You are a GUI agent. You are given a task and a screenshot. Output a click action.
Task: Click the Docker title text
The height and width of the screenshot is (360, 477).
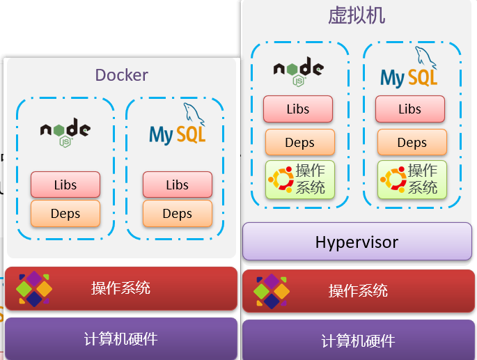(x=122, y=75)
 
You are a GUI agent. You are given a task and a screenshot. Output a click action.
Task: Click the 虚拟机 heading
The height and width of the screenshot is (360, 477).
(x=357, y=15)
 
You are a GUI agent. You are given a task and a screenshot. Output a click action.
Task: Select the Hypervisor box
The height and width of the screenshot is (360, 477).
(x=357, y=242)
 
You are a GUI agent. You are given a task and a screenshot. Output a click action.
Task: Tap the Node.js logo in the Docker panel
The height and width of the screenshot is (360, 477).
(x=65, y=132)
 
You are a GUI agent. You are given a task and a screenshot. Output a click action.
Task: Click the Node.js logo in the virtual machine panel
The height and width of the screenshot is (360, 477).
(x=299, y=72)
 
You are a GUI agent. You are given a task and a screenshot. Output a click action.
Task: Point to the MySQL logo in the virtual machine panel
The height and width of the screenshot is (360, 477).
(x=409, y=67)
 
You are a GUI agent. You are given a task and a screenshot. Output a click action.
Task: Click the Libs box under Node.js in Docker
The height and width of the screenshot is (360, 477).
(x=65, y=185)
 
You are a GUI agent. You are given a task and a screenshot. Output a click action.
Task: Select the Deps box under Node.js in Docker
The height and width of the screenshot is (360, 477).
(x=65, y=214)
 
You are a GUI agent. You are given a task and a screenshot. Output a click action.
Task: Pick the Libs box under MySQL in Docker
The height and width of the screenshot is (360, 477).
(x=178, y=185)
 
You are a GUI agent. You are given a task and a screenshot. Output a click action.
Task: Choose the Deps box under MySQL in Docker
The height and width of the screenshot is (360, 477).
(x=178, y=214)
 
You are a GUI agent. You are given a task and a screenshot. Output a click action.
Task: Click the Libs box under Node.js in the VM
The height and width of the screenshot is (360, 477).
(x=298, y=109)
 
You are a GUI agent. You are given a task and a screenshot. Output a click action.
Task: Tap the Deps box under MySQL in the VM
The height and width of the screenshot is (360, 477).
(x=412, y=143)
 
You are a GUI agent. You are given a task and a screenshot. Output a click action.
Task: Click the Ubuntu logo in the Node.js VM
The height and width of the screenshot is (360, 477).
(x=281, y=179)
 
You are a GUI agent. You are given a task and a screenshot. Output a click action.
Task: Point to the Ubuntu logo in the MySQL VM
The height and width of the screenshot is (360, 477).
(x=393, y=179)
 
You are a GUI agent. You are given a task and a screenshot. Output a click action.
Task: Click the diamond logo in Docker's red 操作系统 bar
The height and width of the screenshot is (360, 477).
(x=33, y=289)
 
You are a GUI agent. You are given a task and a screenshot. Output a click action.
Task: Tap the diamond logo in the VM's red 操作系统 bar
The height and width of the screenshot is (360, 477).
(x=272, y=291)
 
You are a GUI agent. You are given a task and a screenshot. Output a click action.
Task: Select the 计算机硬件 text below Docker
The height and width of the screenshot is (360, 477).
(x=120, y=338)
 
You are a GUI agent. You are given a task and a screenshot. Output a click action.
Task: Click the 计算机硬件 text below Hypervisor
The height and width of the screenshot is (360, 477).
(x=358, y=341)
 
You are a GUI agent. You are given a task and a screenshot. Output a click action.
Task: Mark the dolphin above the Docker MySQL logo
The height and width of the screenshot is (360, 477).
(x=193, y=114)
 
